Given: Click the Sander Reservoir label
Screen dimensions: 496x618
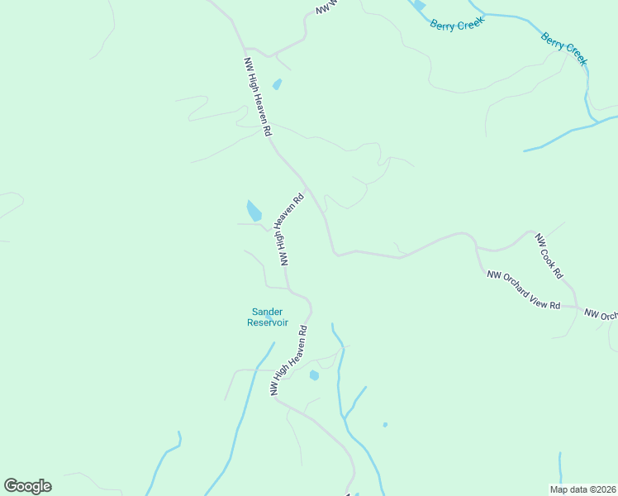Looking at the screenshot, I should (267, 317).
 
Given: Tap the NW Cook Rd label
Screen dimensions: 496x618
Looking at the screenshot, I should (549, 255).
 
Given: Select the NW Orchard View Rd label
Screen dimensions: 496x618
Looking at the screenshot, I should (524, 290).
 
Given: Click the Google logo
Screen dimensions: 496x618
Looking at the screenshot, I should (27, 486).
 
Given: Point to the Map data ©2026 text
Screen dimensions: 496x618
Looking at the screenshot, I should (582, 489).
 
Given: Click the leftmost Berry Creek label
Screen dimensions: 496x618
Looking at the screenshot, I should (456, 25).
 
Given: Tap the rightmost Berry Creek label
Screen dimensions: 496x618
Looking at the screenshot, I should (564, 49).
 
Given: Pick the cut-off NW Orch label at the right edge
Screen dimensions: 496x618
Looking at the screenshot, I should (601, 315).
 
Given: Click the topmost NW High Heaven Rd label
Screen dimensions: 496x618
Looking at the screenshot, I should (257, 97).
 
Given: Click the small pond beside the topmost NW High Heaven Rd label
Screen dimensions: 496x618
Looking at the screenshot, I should (277, 84).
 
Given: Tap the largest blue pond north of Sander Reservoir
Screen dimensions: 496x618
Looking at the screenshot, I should (254, 211).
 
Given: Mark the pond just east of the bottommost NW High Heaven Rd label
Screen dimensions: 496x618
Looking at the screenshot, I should (314, 375).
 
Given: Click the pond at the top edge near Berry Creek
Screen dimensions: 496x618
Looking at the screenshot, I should (420, 5).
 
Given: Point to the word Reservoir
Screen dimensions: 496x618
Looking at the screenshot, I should (268, 322).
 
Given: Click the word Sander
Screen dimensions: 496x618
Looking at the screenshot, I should (267, 312).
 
